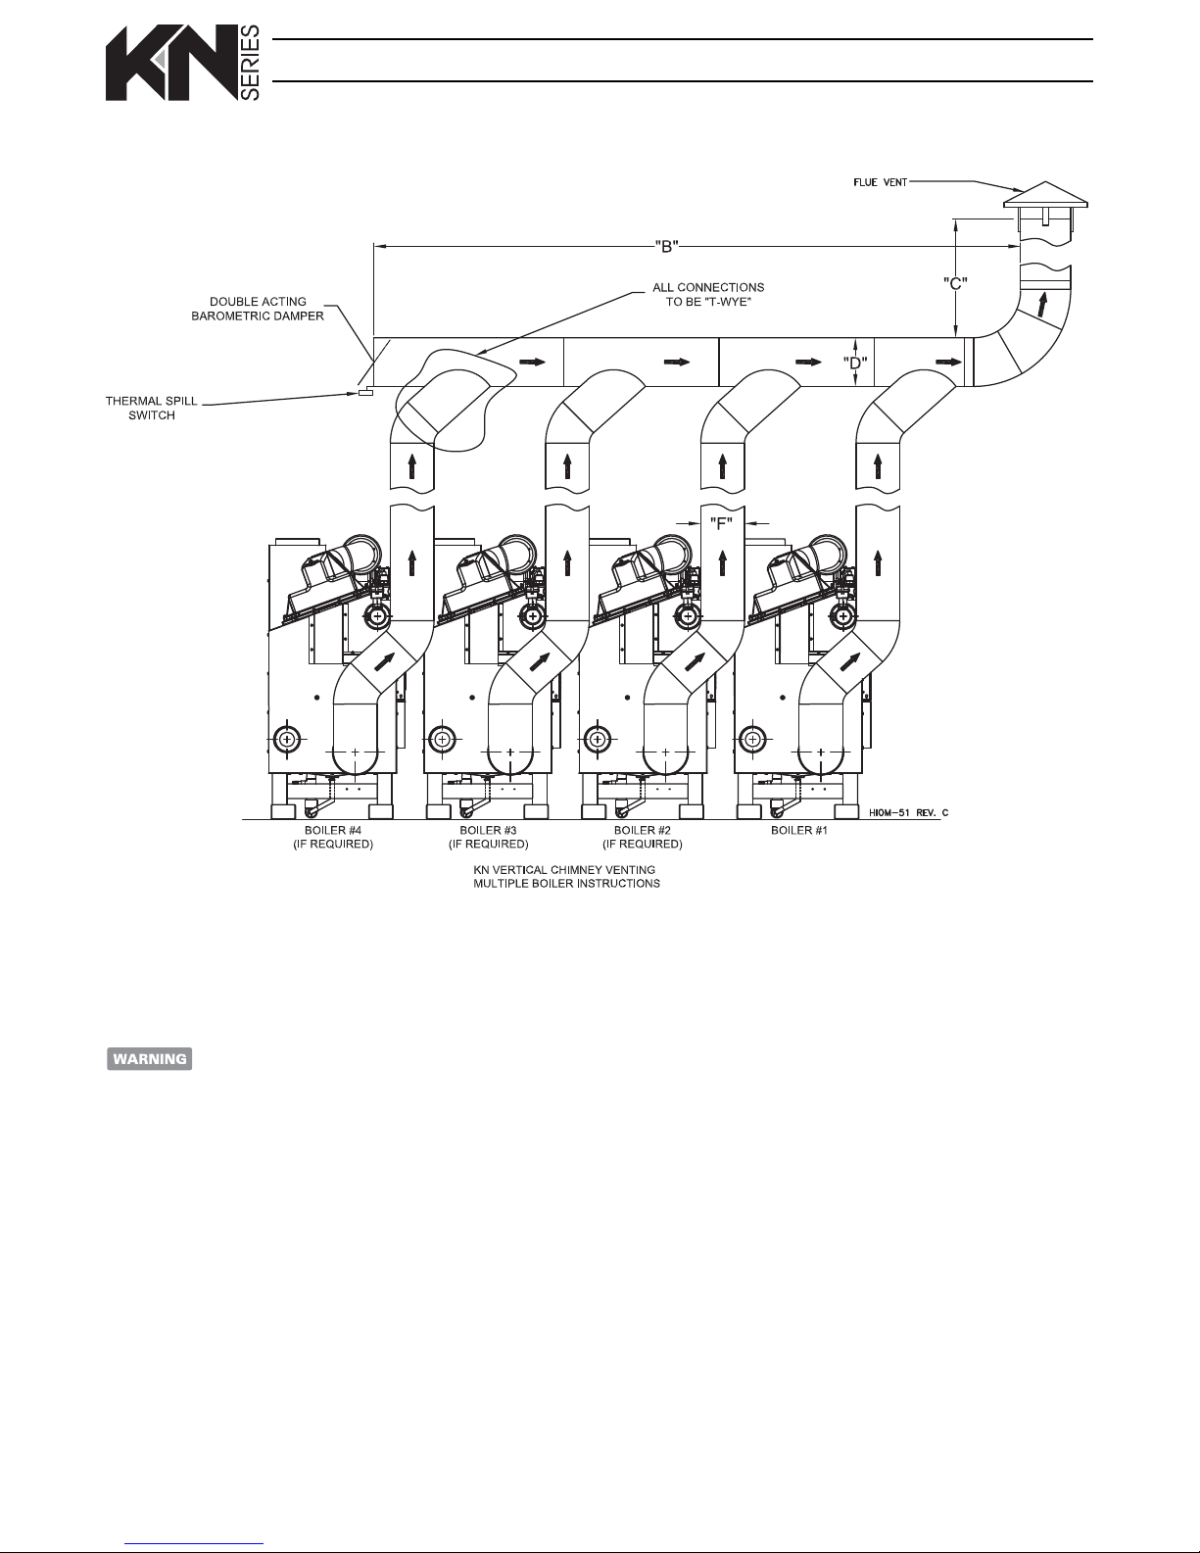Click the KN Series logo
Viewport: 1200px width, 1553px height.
(183, 63)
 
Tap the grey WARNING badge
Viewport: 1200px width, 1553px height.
(150, 1059)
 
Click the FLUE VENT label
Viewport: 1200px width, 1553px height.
(880, 182)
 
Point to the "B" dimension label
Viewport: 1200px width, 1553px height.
(666, 247)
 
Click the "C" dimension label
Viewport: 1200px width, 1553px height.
(955, 283)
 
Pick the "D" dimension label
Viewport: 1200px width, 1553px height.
(855, 363)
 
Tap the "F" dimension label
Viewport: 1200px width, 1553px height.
(721, 524)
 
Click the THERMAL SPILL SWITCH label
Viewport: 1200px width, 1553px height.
(152, 408)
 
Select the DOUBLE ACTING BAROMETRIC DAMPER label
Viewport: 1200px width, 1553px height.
(258, 309)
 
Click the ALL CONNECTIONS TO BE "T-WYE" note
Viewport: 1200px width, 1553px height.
(708, 295)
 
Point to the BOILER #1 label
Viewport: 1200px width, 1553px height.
(799, 831)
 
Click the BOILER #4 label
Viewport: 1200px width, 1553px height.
(333, 837)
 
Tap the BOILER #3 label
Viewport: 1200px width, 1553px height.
(489, 837)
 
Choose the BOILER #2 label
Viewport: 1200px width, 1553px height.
(643, 837)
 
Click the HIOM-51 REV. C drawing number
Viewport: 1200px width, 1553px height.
(909, 812)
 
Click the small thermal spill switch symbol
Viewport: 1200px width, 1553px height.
(365, 392)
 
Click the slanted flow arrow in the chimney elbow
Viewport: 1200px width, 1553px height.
(1043, 304)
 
